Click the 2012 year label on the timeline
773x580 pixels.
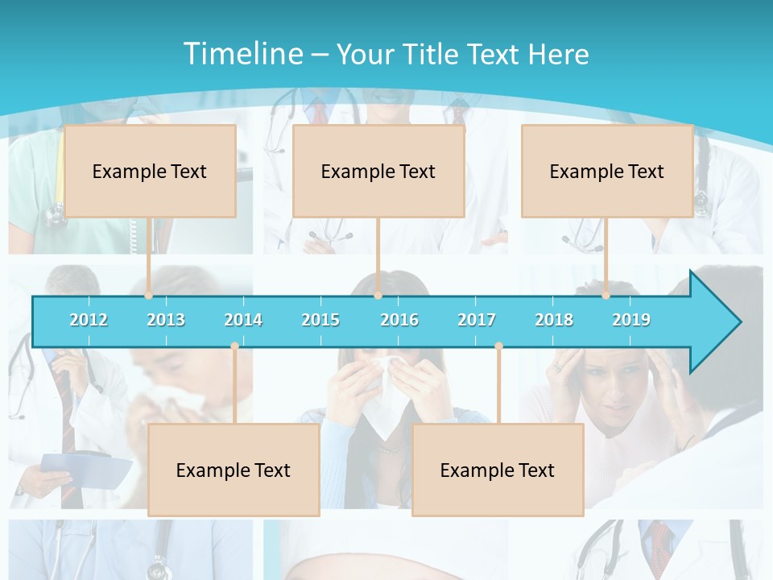(89, 320)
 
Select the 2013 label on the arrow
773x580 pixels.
(166, 320)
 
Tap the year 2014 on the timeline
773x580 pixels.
(243, 320)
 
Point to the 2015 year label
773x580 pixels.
(320, 320)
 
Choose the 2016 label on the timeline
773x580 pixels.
(399, 320)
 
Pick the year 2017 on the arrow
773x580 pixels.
(477, 320)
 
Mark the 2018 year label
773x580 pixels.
(554, 320)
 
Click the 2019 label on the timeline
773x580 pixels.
(631, 320)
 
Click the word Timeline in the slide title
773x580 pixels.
(242, 54)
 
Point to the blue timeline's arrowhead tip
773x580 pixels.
(738, 322)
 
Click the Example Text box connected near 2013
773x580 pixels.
(150, 171)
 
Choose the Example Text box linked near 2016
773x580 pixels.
(378, 171)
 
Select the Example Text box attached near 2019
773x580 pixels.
(607, 171)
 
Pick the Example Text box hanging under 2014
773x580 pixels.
(234, 470)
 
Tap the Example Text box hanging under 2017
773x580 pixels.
(498, 470)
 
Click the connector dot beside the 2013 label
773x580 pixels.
(149, 295)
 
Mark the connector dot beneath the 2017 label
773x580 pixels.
(498, 346)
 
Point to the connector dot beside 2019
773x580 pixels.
(606, 295)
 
